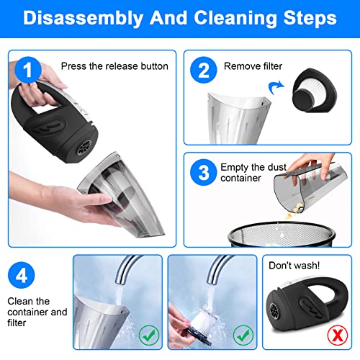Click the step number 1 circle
pyautogui.click(x=28, y=70)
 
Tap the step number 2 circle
pyautogui.click(x=204, y=70)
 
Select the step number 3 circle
pyautogui.click(x=204, y=172)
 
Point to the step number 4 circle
pyautogui.click(x=22, y=275)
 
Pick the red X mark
pyautogui.click(x=338, y=335)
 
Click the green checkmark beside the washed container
pyautogui.click(x=149, y=335)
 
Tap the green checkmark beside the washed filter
pyautogui.click(x=243, y=335)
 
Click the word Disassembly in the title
pyautogui.click(x=84, y=18)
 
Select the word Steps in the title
pyautogui.click(x=310, y=18)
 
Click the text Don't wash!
pyautogui.click(x=294, y=266)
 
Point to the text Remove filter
pyautogui.click(x=253, y=66)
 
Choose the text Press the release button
pyautogui.click(x=114, y=66)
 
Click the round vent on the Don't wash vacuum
pyautogui.click(x=274, y=311)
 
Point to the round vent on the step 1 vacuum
pyautogui.click(x=84, y=147)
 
